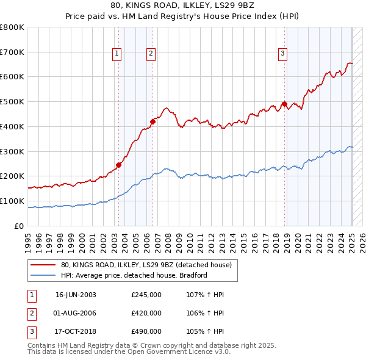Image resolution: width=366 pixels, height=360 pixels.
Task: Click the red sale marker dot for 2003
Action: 119,165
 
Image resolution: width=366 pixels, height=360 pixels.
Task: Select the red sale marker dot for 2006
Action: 152,121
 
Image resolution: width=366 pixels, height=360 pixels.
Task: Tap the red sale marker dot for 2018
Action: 284,104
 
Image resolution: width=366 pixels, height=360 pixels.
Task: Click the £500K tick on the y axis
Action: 12,102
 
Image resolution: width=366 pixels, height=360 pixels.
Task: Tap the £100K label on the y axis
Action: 12,201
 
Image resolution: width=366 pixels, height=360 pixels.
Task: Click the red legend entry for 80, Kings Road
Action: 146,265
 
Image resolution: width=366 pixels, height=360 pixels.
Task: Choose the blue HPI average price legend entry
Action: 134,275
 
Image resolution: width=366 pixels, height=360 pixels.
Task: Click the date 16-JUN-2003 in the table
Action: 76,295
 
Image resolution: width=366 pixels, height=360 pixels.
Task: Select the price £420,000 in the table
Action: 146,313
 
